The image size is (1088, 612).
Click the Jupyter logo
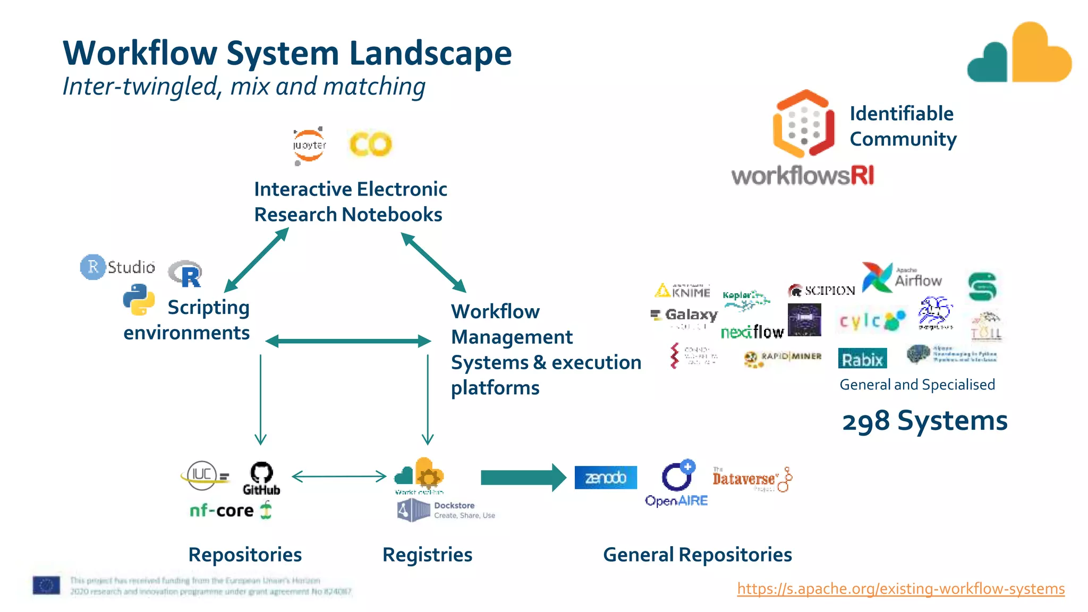pos(309,145)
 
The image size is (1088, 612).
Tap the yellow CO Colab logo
pos(370,144)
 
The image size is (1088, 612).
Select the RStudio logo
pos(118,267)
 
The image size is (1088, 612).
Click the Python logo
pos(139,300)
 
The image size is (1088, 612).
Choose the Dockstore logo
pos(445,511)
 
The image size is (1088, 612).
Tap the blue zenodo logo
pos(606,478)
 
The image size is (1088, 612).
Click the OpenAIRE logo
pos(677,483)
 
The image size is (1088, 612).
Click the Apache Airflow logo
pos(902,277)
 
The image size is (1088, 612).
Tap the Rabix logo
pos(862,359)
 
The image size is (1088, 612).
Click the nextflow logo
pos(752,332)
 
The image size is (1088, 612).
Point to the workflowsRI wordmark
pos(802,175)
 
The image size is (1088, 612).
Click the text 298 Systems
pos(924,421)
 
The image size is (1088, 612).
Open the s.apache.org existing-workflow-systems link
pos(900,589)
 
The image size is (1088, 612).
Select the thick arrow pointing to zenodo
pos(523,478)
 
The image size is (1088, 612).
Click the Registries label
pos(427,555)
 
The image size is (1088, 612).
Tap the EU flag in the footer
pos(46,585)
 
